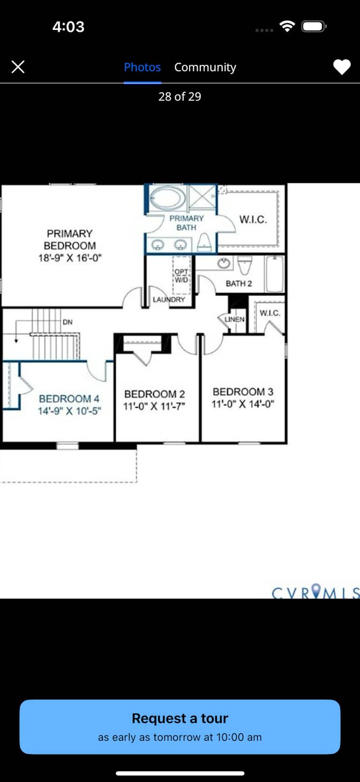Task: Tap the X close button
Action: click(18, 66)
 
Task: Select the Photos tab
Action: click(142, 67)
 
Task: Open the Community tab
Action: click(205, 67)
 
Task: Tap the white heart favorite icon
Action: click(342, 66)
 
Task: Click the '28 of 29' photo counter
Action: click(179, 97)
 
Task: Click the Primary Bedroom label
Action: click(70, 239)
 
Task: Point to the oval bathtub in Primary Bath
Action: click(168, 197)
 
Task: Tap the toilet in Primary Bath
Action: click(204, 242)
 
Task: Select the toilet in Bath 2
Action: click(245, 265)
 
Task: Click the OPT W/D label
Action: click(181, 276)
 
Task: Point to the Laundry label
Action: click(169, 299)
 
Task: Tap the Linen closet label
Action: click(234, 319)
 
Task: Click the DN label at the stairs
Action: click(67, 322)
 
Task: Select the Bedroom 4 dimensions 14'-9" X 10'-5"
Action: click(70, 411)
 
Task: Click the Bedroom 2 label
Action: click(154, 394)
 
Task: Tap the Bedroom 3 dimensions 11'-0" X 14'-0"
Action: click(243, 404)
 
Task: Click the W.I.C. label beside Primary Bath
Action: click(253, 220)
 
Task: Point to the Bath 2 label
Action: click(239, 283)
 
